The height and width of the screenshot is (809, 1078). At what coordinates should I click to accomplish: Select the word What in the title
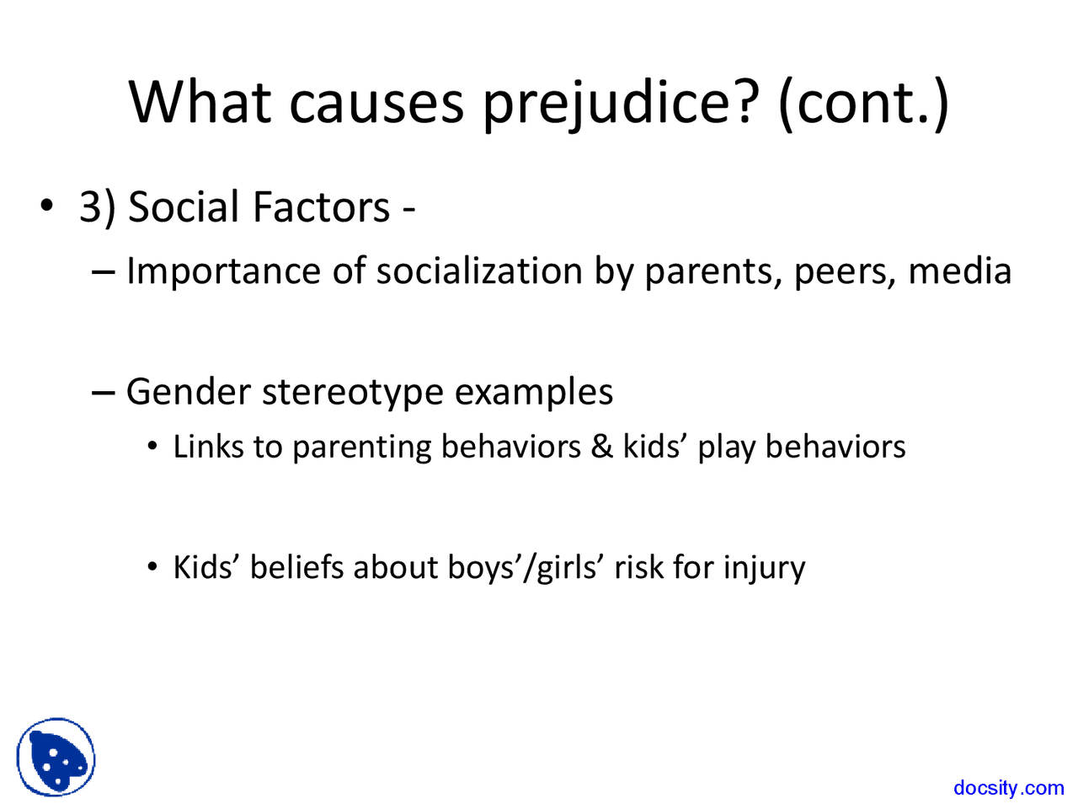point(200,100)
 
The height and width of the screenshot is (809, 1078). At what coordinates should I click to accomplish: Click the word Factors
point(321,206)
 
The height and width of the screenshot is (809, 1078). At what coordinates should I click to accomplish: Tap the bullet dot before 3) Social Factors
point(46,206)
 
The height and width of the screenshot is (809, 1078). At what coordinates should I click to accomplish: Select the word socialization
point(479,271)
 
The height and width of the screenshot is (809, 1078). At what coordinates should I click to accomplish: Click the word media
point(960,271)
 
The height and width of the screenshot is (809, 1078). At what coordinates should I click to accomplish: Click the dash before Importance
point(103,271)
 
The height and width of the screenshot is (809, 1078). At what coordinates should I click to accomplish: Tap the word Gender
point(189,392)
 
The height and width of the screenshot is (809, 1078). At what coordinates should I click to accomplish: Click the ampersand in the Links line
point(601,446)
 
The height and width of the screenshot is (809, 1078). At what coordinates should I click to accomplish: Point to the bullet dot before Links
point(152,447)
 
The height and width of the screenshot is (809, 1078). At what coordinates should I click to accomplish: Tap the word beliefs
point(296,567)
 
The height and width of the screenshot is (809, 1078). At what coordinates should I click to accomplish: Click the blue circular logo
point(56,757)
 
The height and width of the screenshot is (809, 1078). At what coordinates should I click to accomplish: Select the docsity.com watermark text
point(1009,787)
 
